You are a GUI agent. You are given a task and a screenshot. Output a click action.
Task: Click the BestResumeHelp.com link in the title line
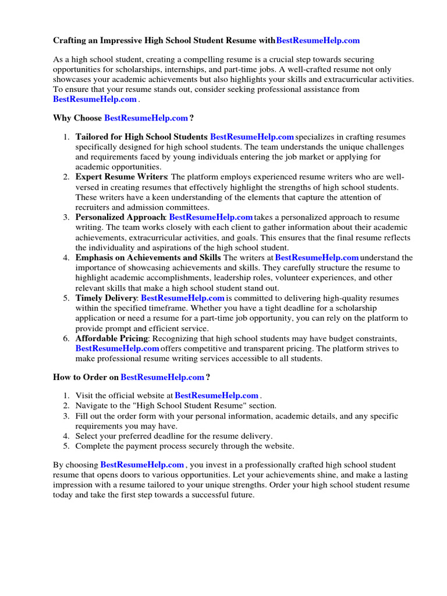(x=318, y=40)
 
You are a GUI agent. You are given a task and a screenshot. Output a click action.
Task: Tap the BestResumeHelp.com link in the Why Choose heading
(x=146, y=118)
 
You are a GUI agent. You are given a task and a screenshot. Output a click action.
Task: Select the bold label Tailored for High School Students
(x=141, y=137)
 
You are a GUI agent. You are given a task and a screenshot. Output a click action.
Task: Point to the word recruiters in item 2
(x=94, y=207)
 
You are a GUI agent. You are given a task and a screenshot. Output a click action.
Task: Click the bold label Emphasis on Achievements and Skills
(x=148, y=257)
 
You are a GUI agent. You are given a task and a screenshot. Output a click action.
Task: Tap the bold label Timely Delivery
(x=107, y=297)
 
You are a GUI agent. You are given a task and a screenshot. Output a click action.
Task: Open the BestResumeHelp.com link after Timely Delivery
(x=183, y=297)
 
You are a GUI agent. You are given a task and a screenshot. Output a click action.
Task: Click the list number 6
(x=66, y=338)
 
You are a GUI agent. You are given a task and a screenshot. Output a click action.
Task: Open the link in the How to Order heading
(x=162, y=377)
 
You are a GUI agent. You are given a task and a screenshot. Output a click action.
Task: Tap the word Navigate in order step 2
(x=93, y=405)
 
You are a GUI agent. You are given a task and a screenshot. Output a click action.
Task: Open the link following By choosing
(x=143, y=465)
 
